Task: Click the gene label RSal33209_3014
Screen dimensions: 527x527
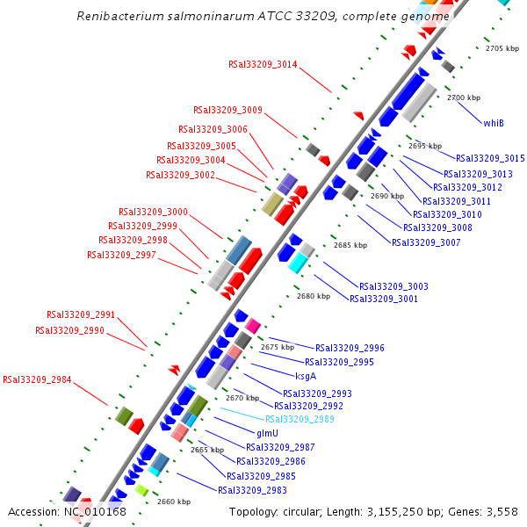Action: [x=263, y=64]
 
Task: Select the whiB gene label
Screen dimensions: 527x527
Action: [x=494, y=123]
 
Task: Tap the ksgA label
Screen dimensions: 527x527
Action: [x=306, y=376]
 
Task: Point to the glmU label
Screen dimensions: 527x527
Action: [x=267, y=434]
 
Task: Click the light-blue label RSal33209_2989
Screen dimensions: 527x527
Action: [x=300, y=419]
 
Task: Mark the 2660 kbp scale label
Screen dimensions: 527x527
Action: [x=174, y=502]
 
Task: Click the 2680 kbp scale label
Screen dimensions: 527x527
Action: [x=314, y=296]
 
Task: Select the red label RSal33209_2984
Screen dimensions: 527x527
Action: [x=37, y=380]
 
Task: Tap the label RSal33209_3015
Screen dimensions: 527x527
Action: [x=490, y=158]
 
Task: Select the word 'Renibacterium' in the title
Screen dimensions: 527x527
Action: [x=116, y=17]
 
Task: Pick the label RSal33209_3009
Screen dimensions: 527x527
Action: [x=227, y=110]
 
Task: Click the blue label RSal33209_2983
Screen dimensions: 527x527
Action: [x=252, y=489]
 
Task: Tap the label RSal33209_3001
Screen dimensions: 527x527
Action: [x=384, y=299]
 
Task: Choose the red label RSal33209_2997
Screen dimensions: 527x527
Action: [x=121, y=255]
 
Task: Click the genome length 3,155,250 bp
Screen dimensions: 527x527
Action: [x=404, y=511]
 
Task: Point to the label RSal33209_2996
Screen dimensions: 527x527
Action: [x=350, y=348]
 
